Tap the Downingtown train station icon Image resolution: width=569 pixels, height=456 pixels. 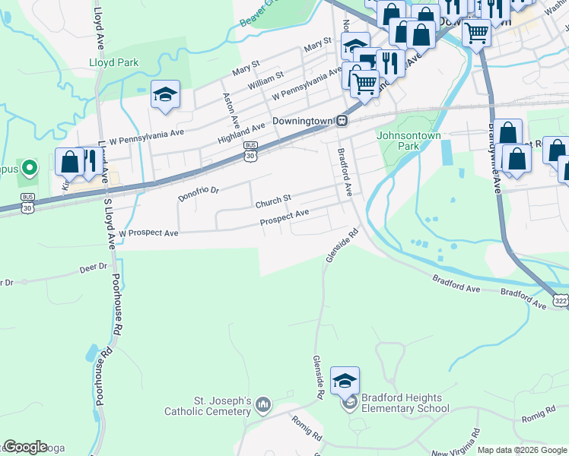343,121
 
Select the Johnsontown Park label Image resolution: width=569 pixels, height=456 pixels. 408,141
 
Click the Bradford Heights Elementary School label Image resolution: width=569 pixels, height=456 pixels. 402,403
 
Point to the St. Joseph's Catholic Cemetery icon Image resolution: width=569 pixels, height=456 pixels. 263,403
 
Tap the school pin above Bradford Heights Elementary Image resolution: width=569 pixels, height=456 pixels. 345,382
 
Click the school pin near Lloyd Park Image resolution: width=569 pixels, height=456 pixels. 165,95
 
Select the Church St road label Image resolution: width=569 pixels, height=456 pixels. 273,202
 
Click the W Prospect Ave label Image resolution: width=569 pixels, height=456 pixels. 148,233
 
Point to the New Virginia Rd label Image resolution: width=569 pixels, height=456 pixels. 456,442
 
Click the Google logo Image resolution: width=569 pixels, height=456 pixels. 25,447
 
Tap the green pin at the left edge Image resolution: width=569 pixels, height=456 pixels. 29,167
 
